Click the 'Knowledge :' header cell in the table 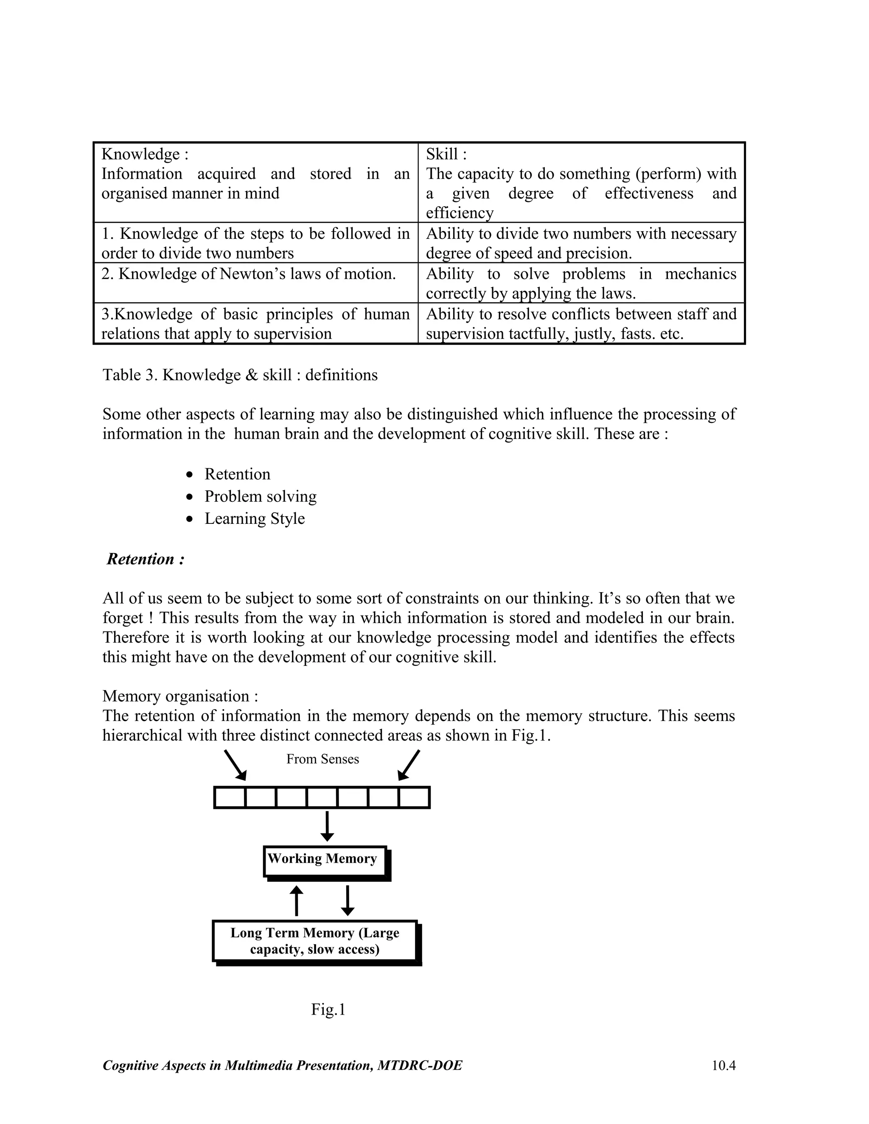tap(145, 154)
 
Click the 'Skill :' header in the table tap(446, 154)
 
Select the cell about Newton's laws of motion tap(249, 274)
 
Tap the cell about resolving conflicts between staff tap(581, 323)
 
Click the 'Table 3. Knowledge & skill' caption tap(240, 375)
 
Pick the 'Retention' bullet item tap(237, 474)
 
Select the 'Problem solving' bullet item tap(261, 496)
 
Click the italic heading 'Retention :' tap(146, 559)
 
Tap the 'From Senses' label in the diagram tap(322, 759)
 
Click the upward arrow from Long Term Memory tap(297, 900)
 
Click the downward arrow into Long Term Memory tap(348, 900)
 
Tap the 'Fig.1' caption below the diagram tap(328, 1010)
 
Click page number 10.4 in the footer tap(723, 1065)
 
